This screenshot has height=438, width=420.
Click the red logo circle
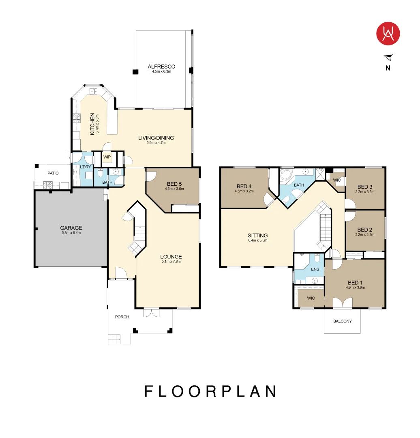388,34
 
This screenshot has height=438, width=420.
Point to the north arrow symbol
389,58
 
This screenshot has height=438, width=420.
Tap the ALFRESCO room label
161,67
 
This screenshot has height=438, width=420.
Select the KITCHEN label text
92,124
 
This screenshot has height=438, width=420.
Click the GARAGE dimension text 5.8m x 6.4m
71,233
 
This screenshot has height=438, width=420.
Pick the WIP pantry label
107,157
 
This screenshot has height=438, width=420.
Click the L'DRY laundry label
86,167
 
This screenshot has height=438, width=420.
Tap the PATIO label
53,173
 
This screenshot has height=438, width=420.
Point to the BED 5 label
174,184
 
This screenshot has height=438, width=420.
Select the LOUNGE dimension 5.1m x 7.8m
171,262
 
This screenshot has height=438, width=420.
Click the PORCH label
122,317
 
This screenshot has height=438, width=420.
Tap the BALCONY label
343,321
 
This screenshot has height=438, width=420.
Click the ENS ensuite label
315,269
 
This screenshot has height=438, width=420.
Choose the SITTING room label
258,236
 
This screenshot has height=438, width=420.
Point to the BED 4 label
244,186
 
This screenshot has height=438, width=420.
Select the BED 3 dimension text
365,191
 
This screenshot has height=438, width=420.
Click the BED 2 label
365,230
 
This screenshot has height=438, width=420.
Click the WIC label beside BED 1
311,298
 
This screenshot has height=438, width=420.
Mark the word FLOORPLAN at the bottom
210,391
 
